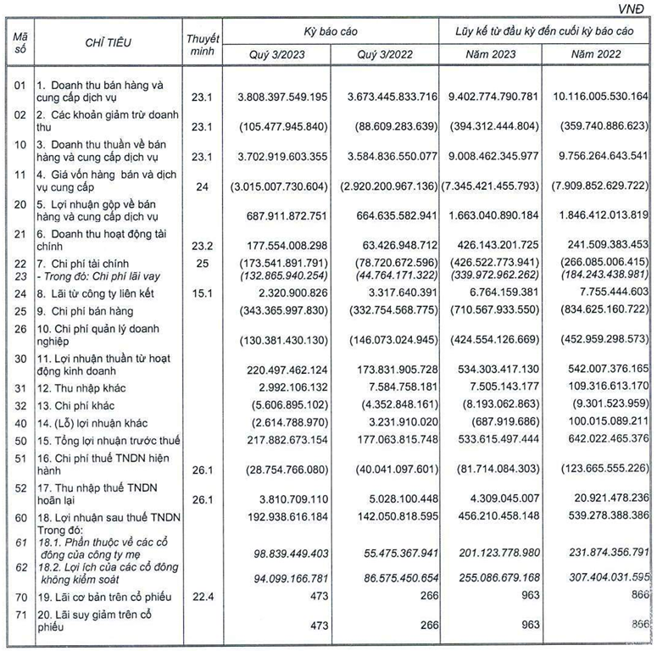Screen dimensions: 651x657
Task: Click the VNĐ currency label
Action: coord(636,8)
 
